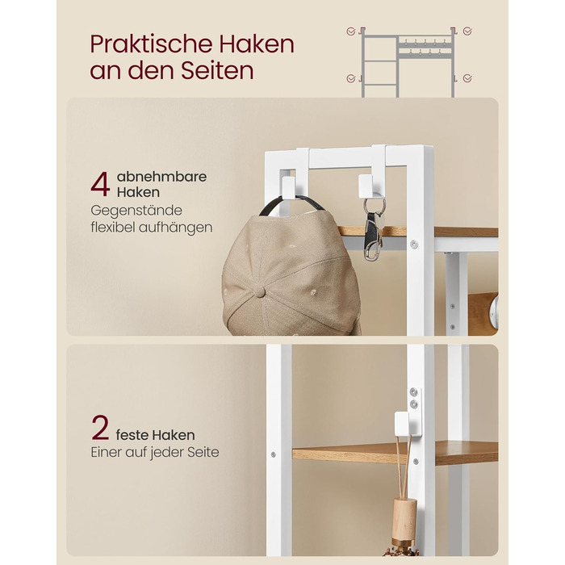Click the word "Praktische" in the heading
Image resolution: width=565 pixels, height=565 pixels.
[152, 44]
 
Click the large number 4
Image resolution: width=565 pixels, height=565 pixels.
[100, 184]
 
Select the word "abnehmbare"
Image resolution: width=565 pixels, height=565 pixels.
[161, 177]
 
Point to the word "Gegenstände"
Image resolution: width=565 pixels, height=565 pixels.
[136, 211]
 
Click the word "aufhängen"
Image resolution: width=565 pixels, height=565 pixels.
[175, 228]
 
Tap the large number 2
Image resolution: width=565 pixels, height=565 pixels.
[100, 428]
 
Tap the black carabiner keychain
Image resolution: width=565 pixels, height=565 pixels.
[373, 236]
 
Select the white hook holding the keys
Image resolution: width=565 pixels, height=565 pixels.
[367, 186]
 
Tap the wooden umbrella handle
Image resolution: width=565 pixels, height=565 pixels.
[404, 518]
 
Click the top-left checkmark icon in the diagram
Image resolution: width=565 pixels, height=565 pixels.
[350, 31]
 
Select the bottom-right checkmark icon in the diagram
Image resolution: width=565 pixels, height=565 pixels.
[467, 78]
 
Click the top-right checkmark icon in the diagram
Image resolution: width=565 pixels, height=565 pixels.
[467, 31]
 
